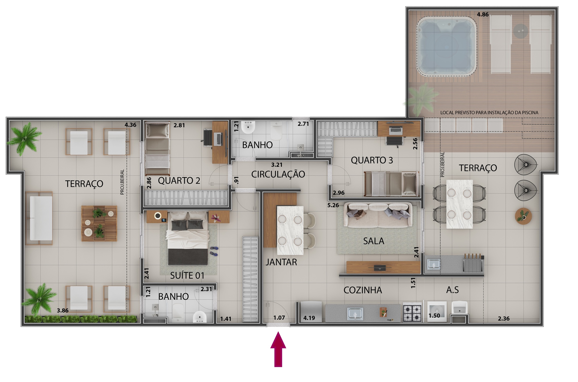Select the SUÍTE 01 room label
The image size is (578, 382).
tap(187, 276)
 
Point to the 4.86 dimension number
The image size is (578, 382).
tap(482, 14)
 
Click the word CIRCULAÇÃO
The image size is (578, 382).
tap(278, 174)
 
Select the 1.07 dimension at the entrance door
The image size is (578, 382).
tap(279, 318)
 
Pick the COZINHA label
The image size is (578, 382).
tap(363, 290)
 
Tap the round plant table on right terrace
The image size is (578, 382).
tap(523, 216)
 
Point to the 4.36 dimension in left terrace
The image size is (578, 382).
tap(130, 125)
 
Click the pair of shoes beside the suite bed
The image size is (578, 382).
tap(214, 251)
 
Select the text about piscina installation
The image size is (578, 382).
tap(489, 112)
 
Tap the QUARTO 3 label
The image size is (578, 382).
tap(372, 160)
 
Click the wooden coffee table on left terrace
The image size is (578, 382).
tap(99, 223)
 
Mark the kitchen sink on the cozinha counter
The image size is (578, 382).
tap(355, 313)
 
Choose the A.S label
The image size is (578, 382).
tap(452, 290)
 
